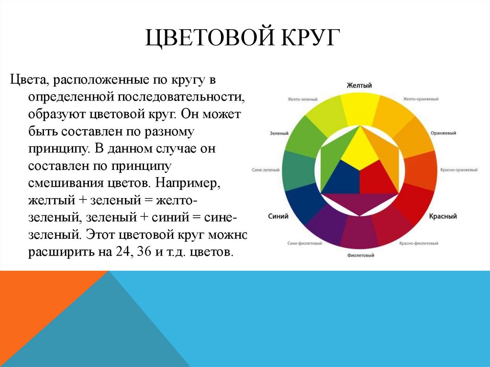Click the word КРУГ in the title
point(307,38)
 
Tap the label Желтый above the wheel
point(359,85)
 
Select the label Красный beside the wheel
point(443,216)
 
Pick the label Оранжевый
point(443,133)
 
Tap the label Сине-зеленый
point(266,170)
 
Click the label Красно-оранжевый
point(459,170)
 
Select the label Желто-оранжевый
point(421,99)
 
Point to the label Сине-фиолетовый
point(304,243)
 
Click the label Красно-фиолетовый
point(419,243)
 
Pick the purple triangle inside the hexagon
point(359,203)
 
